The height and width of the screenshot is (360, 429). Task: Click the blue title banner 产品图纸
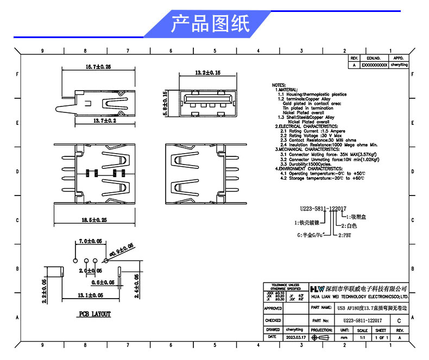pos(211,24)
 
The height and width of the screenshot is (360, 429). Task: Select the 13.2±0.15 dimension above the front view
pos(207,72)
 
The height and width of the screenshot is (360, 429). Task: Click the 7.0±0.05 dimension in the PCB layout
pos(91,241)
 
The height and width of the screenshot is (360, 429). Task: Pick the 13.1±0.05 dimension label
pos(90,295)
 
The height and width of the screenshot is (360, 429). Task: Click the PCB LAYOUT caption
pos(94,314)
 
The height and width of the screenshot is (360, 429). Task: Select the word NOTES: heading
pos(278,85)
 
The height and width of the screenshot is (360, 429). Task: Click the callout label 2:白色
pos(349,225)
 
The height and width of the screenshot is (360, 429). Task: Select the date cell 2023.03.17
pos(296,337)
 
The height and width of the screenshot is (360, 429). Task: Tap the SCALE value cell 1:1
pos(362,337)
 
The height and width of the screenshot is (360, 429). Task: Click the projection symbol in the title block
pos(321,337)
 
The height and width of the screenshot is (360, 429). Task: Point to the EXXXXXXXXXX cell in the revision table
pos(375,64)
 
